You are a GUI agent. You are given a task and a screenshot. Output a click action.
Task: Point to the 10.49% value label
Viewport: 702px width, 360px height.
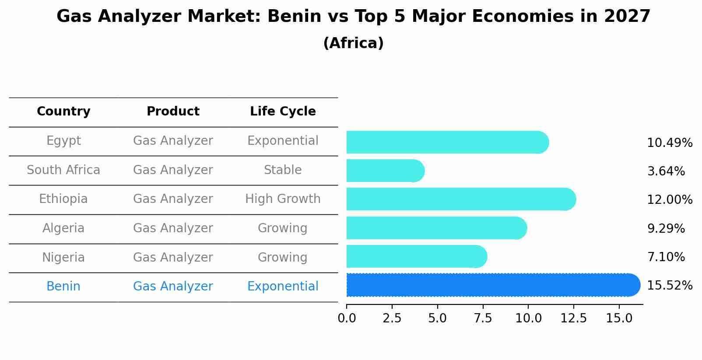(669, 143)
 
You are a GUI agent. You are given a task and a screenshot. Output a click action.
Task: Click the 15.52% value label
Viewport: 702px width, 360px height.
(669, 286)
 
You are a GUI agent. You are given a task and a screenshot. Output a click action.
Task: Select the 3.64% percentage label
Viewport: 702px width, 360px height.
(666, 171)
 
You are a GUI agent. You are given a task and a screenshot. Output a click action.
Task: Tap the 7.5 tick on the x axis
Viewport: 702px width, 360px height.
(483, 318)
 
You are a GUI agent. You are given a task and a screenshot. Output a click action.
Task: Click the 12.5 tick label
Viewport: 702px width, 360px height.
(574, 318)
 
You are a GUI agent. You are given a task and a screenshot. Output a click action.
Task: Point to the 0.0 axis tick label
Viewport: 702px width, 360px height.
(347, 318)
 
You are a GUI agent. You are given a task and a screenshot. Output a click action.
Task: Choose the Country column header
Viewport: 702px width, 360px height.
(63, 112)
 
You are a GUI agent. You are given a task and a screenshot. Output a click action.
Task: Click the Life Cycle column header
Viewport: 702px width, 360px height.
(283, 112)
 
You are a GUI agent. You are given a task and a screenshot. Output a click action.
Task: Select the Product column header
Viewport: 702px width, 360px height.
(173, 112)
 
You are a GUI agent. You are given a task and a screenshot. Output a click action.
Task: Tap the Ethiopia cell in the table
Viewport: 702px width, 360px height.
(63, 199)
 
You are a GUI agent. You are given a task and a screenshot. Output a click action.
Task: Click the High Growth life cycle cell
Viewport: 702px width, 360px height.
(283, 199)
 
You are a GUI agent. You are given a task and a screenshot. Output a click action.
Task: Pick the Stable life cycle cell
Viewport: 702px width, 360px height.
(283, 170)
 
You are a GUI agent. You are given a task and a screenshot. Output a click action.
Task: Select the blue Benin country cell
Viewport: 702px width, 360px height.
(63, 287)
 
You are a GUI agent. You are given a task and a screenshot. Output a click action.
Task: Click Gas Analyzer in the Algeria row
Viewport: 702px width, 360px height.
(173, 228)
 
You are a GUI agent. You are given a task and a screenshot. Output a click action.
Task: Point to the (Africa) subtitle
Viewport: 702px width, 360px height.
(353, 43)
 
